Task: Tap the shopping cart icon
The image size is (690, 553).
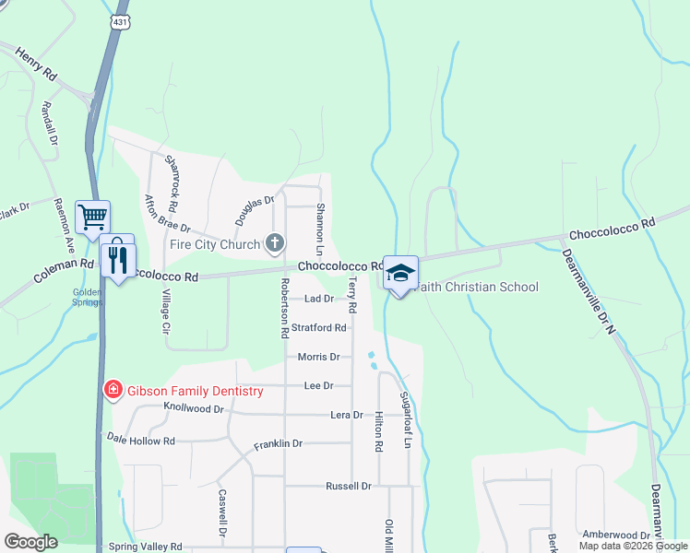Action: (x=92, y=218)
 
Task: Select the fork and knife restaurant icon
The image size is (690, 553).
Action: (x=117, y=259)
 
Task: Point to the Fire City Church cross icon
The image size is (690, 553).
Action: (x=274, y=244)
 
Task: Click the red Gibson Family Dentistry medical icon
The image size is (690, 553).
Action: (x=113, y=391)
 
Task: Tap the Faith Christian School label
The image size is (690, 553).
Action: (x=478, y=287)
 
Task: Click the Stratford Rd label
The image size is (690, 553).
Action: (x=319, y=328)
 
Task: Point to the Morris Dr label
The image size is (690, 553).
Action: (x=319, y=357)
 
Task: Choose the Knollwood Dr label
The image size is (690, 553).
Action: (x=194, y=406)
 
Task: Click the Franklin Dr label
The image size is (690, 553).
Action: (x=279, y=444)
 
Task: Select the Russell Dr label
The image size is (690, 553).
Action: (x=349, y=486)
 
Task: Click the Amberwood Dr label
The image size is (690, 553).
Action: (x=616, y=535)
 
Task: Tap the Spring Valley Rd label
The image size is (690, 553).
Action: (x=146, y=547)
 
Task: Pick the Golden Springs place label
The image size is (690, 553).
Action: (x=86, y=297)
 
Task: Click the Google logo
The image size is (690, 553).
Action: (x=30, y=542)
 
